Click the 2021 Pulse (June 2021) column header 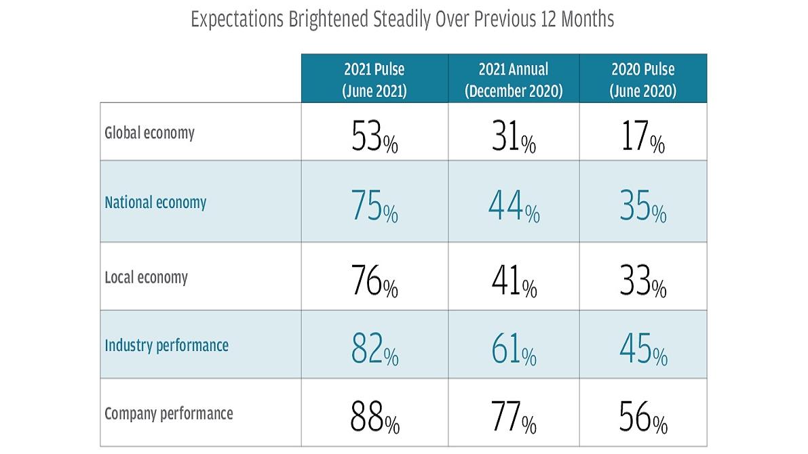point(374,79)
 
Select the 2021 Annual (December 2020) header point(514,79)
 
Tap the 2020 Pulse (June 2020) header point(642,79)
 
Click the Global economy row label point(149,133)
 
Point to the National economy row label point(155,203)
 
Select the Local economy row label point(146,277)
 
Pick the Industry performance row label point(166,346)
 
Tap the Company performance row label point(168,413)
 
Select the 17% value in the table point(642,139)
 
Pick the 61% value point(514,351)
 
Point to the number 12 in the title point(546,19)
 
